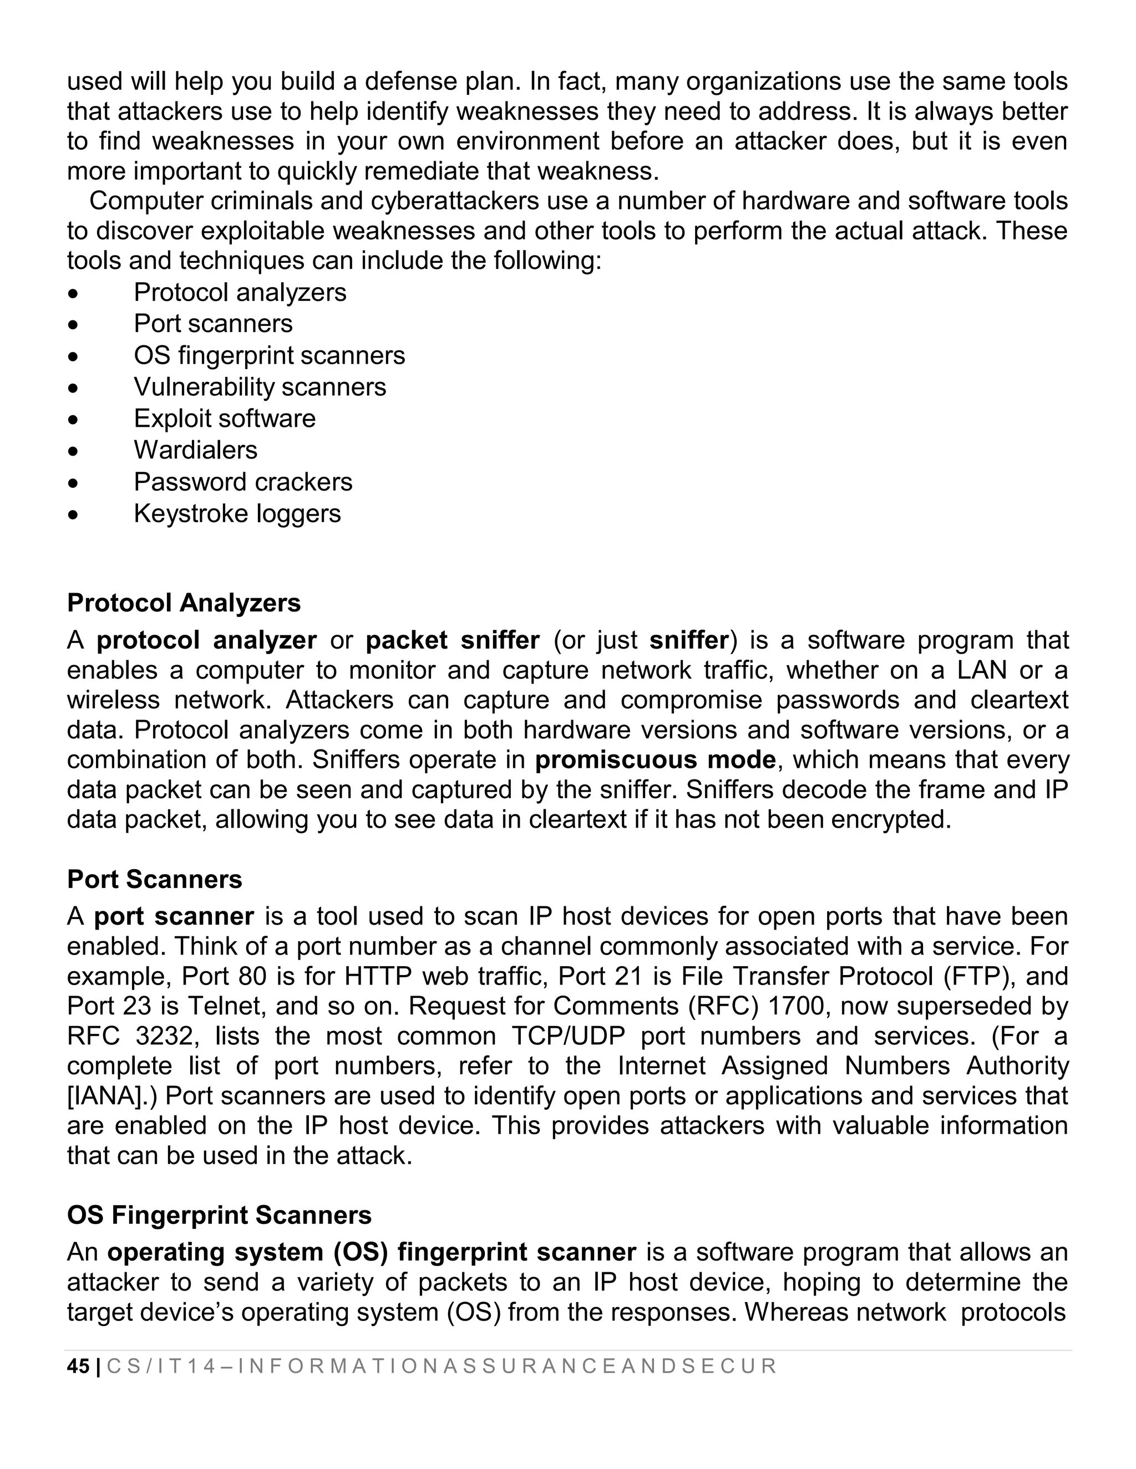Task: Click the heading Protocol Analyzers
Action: click(184, 603)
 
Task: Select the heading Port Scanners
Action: click(154, 879)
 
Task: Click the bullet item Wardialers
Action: click(195, 450)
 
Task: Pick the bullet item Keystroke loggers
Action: click(237, 513)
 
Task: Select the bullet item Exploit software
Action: click(224, 419)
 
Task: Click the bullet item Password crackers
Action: click(242, 482)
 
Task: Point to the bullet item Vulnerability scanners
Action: click(260, 387)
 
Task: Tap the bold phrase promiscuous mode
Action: click(656, 759)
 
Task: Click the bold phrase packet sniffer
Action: click(452, 640)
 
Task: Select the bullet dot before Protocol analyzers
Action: click(73, 294)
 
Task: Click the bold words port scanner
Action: click(174, 916)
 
